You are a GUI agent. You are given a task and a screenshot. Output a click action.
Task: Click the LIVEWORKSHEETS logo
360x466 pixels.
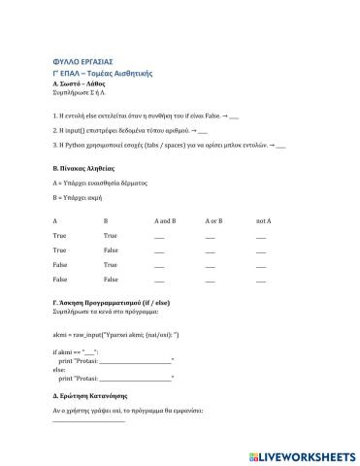(305, 454)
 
